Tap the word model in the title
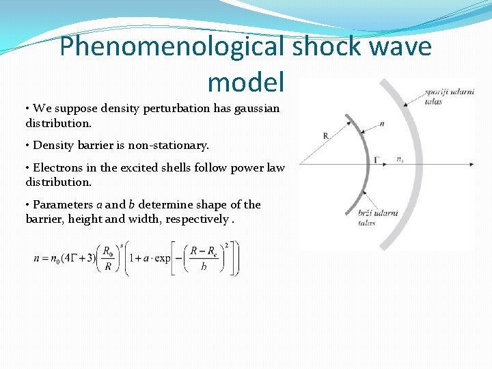tap(245, 82)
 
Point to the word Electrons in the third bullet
tap(57, 167)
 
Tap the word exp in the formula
tap(161, 259)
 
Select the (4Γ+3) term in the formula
tap(76, 259)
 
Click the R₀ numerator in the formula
tap(107, 250)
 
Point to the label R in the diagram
tap(326, 136)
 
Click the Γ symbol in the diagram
tap(377, 160)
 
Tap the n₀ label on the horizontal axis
tap(400, 159)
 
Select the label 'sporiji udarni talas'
tap(448, 96)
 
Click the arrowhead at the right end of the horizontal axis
tap(471, 164)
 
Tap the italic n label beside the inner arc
tap(381, 123)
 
